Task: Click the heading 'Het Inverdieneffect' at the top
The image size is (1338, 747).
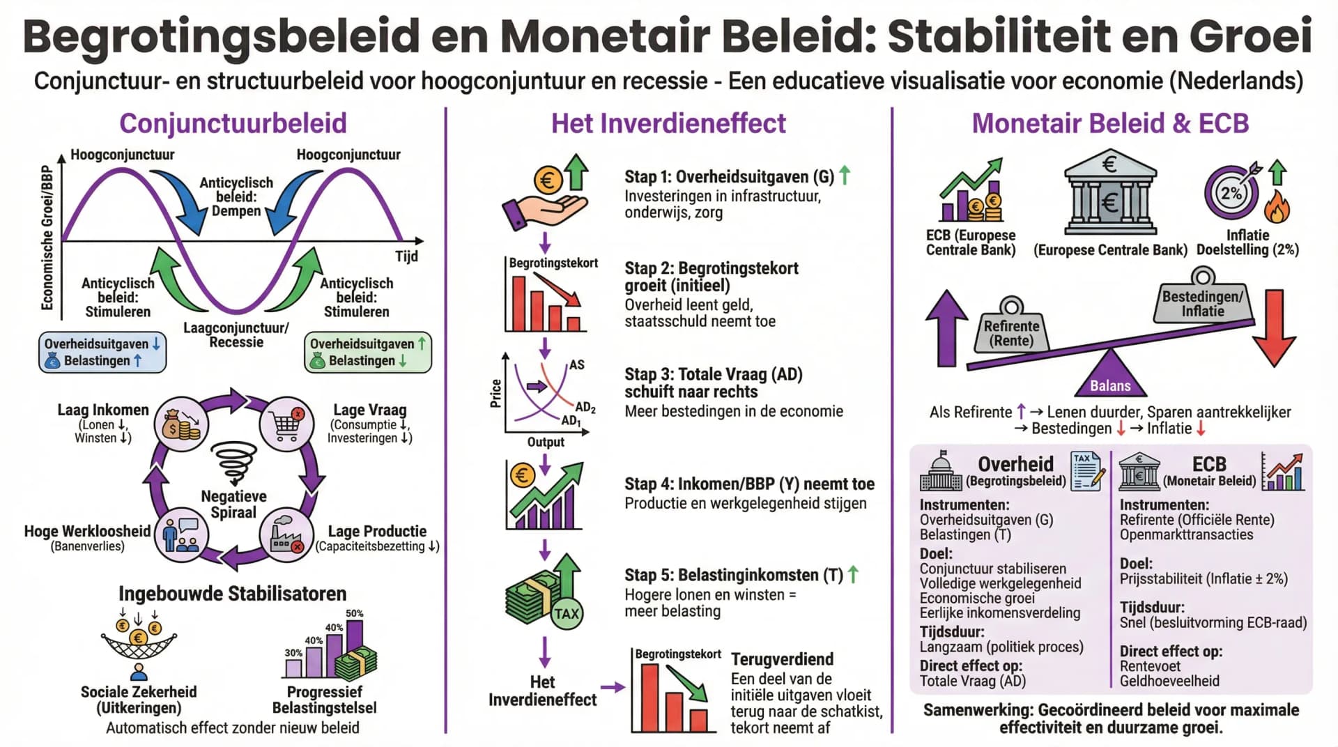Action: pos(668,123)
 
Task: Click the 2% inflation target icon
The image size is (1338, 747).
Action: pos(1231,192)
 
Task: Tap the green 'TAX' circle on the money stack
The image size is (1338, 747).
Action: pos(566,613)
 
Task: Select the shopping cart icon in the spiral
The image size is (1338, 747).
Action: pos(287,424)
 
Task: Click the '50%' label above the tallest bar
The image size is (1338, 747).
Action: pos(354,613)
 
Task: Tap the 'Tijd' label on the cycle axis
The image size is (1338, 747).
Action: pos(406,256)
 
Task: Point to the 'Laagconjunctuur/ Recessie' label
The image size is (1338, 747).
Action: pos(236,335)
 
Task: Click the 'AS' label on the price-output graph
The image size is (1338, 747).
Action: pos(576,364)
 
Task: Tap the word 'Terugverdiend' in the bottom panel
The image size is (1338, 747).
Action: pos(781,659)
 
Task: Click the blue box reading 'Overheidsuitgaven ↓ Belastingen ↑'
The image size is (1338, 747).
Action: pos(102,352)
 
